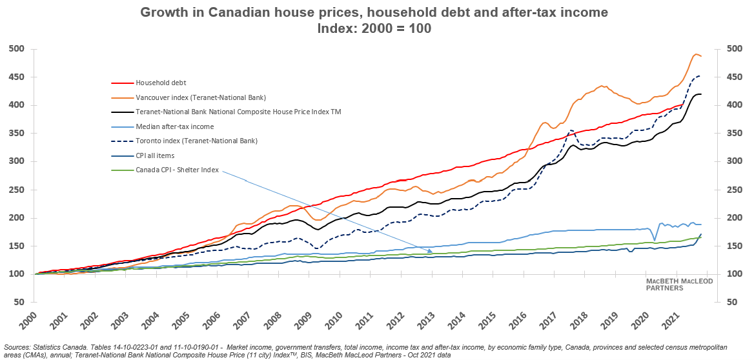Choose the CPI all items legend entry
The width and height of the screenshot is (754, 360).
155,155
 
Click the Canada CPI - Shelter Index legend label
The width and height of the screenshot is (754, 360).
177,170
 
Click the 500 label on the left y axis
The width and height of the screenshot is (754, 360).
16,49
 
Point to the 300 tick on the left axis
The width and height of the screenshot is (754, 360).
16,162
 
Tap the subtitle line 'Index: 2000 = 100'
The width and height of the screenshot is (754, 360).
374,28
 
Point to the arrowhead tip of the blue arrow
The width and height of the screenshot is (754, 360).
433,252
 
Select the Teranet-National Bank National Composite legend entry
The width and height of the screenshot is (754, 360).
238,112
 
